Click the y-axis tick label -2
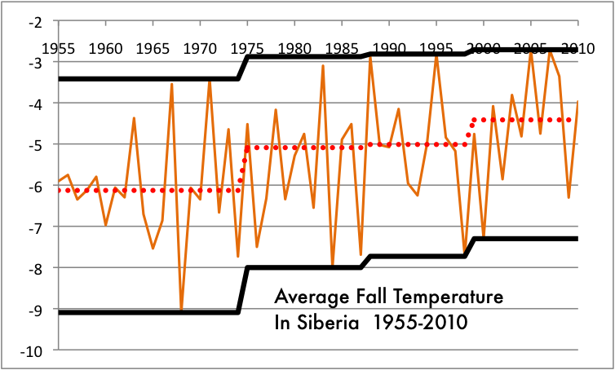[33, 21]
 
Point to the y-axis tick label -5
[33, 144]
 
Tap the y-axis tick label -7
[33, 227]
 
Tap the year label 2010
[578, 46]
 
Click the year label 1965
[152, 46]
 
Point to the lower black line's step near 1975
[242, 289]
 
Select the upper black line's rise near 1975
[242, 68]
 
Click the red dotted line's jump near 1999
[469, 131]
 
